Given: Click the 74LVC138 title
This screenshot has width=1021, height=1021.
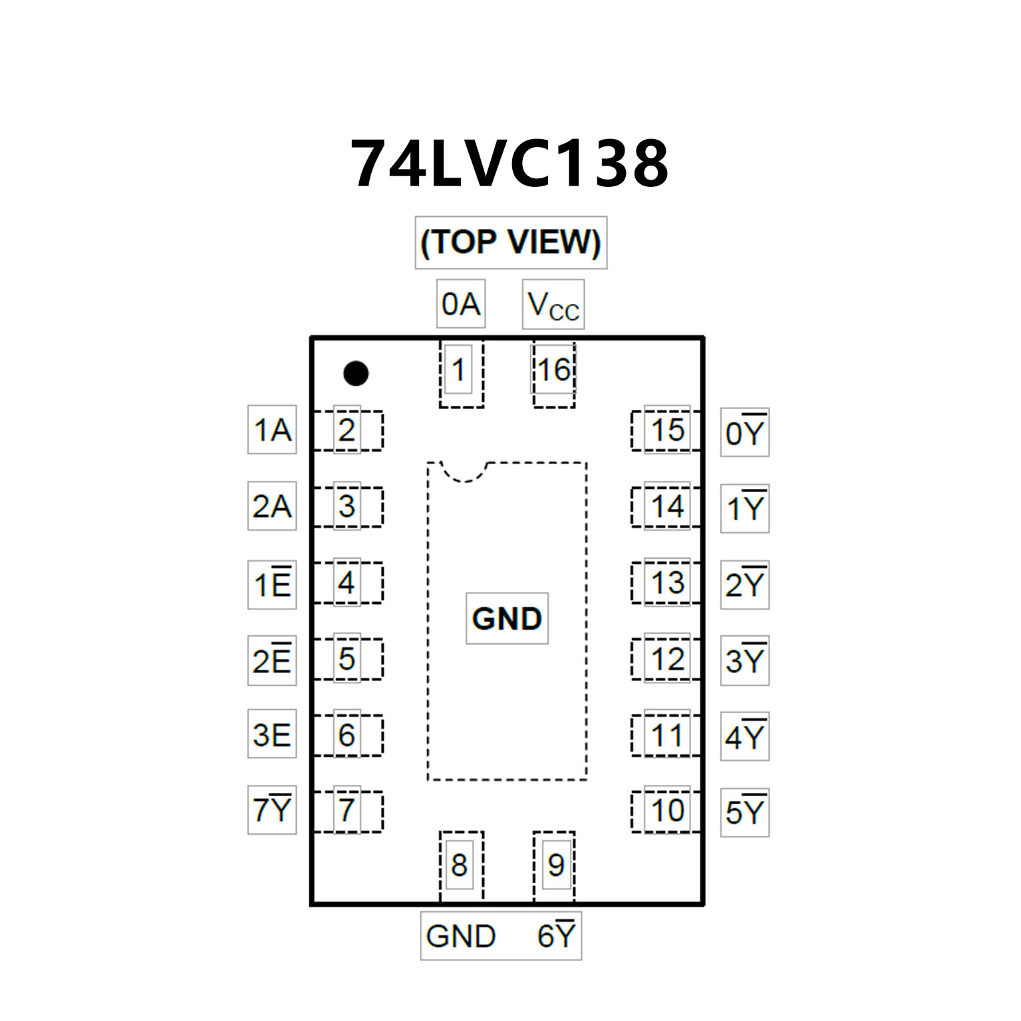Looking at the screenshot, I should pyautogui.click(x=510, y=164).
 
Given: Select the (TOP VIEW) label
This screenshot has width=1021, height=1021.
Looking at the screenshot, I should pyautogui.click(x=511, y=242).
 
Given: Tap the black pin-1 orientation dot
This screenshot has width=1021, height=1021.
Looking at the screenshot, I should pyautogui.click(x=356, y=373).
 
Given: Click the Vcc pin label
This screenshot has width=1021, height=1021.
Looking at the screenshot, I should pyautogui.click(x=553, y=305).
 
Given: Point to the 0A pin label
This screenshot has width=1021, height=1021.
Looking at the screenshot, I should pyautogui.click(x=461, y=304).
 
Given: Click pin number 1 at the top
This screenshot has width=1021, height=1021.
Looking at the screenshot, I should pyautogui.click(x=458, y=370).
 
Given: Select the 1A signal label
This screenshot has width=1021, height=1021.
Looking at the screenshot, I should pyautogui.click(x=272, y=430).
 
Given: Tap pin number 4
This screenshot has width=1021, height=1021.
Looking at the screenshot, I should pyautogui.click(x=347, y=583).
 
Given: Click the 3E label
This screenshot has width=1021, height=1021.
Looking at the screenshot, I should pyautogui.click(x=272, y=735).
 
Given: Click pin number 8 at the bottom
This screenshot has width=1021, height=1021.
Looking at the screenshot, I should pyautogui.click(x=459, y=865).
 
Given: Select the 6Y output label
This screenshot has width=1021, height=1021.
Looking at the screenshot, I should pyautogui.click(x=556, y=936).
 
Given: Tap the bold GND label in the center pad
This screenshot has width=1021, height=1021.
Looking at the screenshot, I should pyautogui.click(x=507, y=619).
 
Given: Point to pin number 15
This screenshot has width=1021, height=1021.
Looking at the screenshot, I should pyautogui.click(x=667, y=430).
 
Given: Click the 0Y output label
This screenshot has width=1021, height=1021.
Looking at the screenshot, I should pyautogui.click(x=745, y=433).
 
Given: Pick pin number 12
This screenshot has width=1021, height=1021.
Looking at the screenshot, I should pyautogui.click(x=667, y=659).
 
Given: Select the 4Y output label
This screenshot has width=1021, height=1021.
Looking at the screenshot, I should pyautogui.click(x=745, y=737).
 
